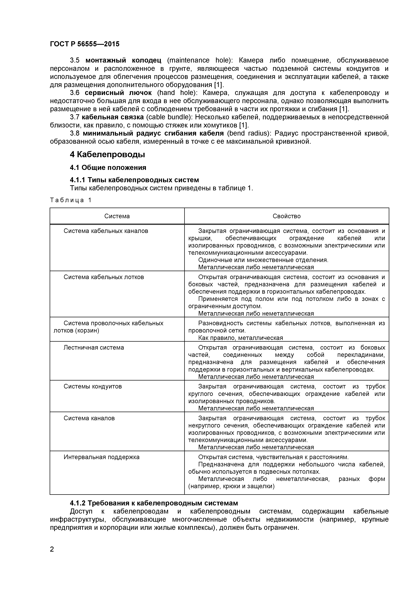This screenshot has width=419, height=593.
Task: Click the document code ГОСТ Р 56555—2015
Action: (x=85, y=44)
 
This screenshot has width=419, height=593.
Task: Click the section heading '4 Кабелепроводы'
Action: (x=107, y=155)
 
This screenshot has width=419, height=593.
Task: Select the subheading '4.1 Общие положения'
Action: (x=108, y=168)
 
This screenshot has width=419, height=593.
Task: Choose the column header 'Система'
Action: (x=117, y=216)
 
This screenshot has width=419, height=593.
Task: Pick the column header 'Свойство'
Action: (x=287, y=216)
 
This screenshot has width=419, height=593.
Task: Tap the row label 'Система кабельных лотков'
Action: (x=104, y=277)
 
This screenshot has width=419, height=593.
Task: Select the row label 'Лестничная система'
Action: (x=94, y=348)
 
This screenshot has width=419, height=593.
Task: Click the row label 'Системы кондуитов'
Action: (x=93, y=386)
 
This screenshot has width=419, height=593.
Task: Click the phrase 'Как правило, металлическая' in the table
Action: (x=240, y=338)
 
